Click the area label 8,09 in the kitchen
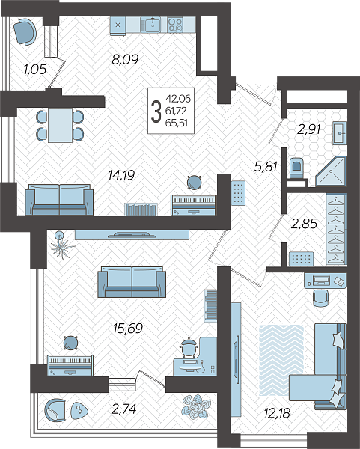tap(125, 60)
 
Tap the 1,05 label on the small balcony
tap(35, 70)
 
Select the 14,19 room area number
tap(121, 175)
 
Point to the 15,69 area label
tap(128, 329)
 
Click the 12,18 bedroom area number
tap(277, 413)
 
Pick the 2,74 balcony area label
tap(123, 409)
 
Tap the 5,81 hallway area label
tap(266, 166)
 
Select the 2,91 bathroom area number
tap(309, 129)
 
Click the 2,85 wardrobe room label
tap(304, 224)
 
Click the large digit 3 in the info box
tap(156, 112)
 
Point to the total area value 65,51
tap(176, 123)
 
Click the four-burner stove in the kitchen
tap(175, 25)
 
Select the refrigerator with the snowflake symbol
tap(118, 25)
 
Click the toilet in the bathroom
tap(296, 168)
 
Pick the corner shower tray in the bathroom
tap(332, 171)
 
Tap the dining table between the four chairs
tap(60, 125)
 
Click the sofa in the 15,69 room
tap(132, 282)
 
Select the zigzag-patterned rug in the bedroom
tap(281, 360)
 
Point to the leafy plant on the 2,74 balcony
tap(197, 407)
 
